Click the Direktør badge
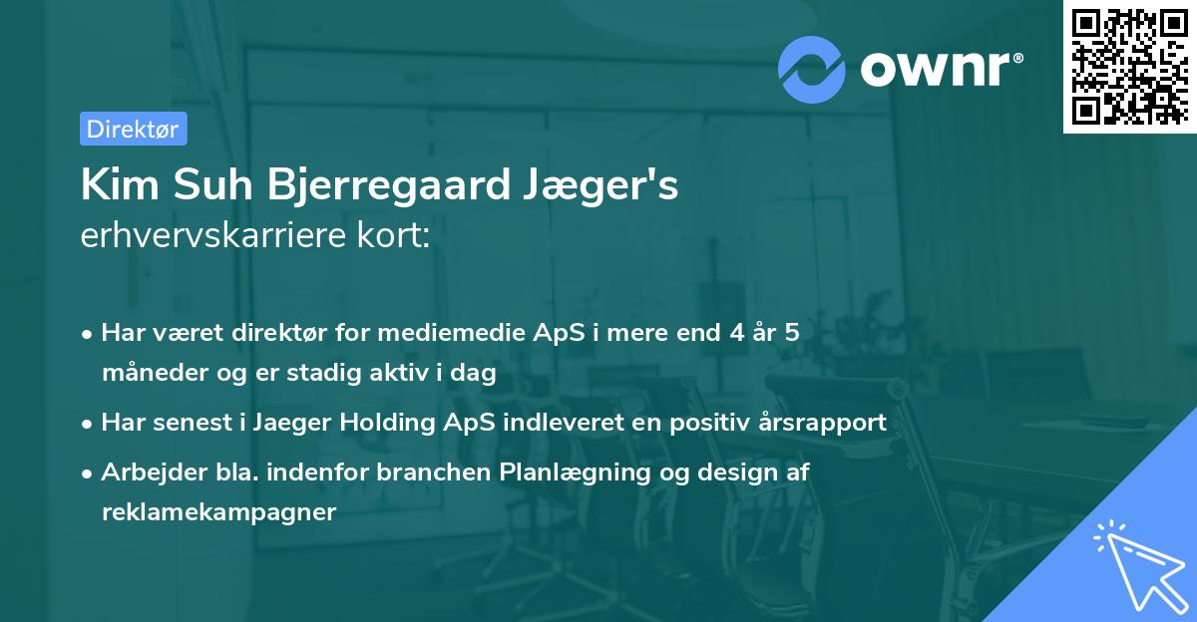pos(133,129)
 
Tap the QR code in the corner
pos(1129,66)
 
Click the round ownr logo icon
pos(812,69)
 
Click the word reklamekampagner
pos(218,512)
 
